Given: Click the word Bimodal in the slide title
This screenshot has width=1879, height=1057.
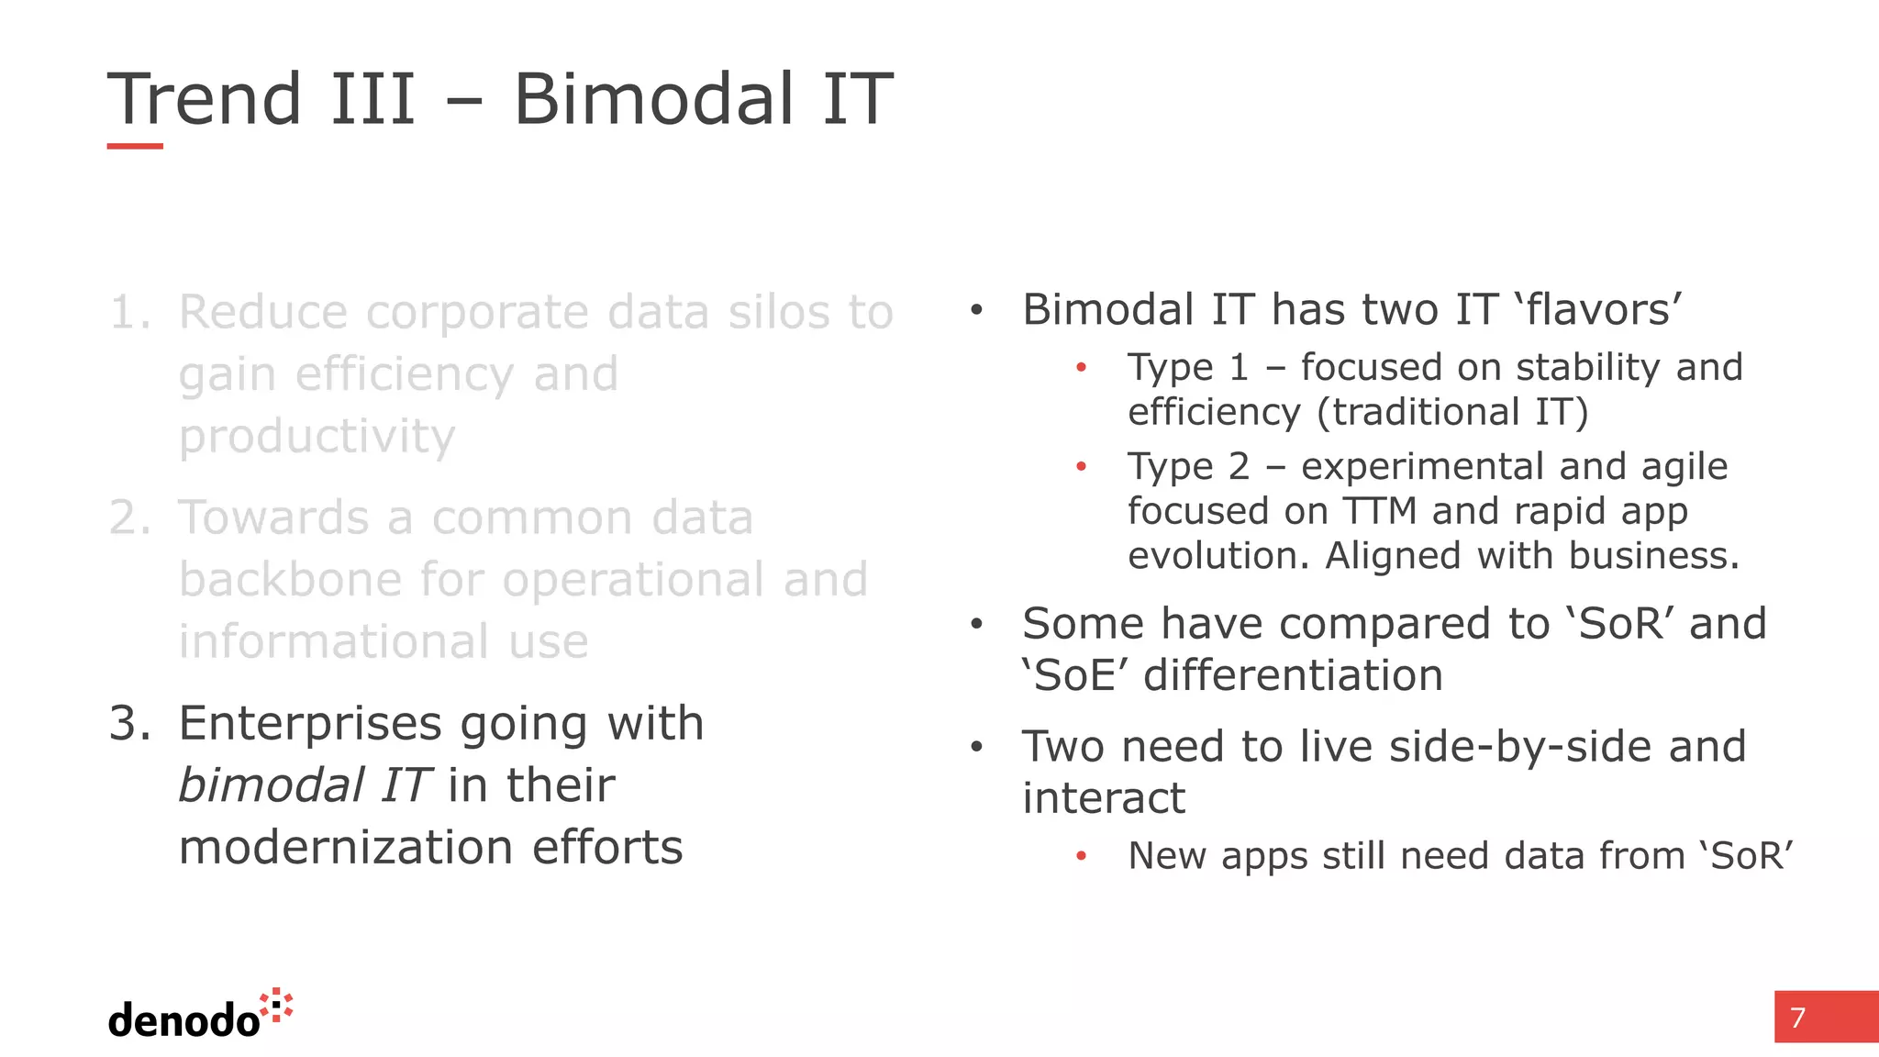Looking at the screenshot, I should [652, 99].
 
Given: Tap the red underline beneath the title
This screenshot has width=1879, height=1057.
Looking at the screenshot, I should [135, 146].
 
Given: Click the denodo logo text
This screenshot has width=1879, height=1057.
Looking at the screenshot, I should [183, 1020].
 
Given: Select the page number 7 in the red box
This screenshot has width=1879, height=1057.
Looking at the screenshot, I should [1798, 1018].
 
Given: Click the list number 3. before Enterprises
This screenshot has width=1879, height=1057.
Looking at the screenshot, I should [129, 724].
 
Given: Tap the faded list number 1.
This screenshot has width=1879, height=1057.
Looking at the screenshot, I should [129, 312].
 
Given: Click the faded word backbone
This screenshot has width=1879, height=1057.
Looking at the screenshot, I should [290, 580].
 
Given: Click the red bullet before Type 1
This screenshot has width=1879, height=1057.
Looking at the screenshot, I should [1082, 368].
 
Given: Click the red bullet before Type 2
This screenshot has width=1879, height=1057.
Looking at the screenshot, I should [1082, 467].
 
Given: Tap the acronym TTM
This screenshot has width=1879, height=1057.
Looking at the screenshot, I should [1380, 511].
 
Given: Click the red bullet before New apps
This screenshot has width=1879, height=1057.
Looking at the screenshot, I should [1082, 856].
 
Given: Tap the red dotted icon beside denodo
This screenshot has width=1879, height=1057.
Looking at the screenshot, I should [277, 1006].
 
